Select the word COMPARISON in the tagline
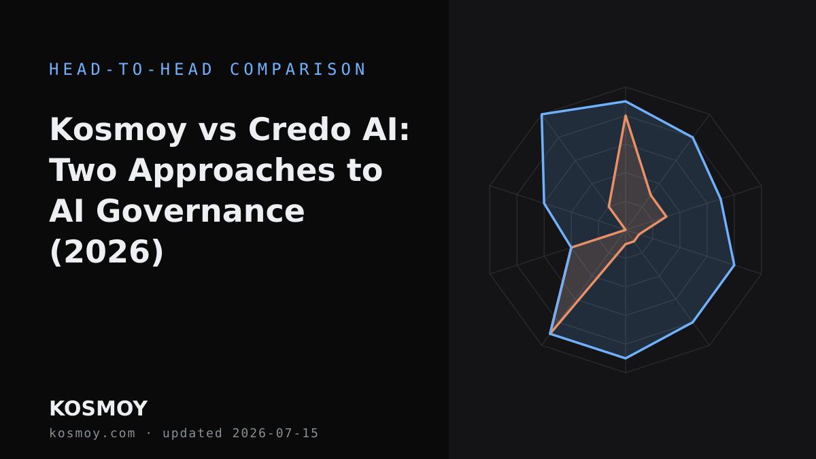tap(298, 69)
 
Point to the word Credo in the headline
tap(299, 130)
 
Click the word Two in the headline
tap(83, 171)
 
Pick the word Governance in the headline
tap(200, 211)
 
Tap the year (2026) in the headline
tap(106, 252)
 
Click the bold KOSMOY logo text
tap(99, 409)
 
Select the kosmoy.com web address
tap(92, 433)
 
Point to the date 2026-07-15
tap(275, 433)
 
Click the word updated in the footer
tap(192, 433)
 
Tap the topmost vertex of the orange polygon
tap(626, 116)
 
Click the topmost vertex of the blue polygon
tap(626, 101)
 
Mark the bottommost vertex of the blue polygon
tap(626, 358)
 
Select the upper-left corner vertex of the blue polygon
tap(542, 114)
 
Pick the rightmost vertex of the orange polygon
tap(666, 217)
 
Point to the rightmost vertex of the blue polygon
tap(734, 265)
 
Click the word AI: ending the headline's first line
tap(386, 130)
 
